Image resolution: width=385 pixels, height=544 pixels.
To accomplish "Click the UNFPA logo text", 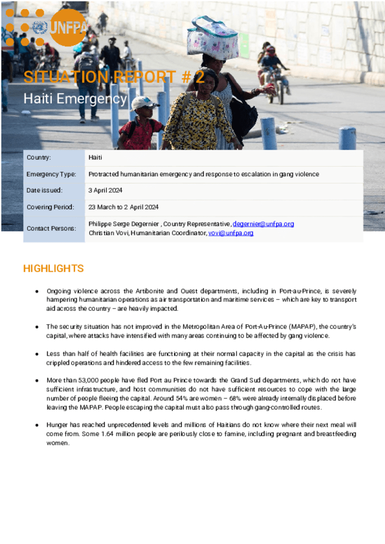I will coord(68,28).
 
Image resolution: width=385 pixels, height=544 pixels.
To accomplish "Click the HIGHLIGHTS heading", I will coord(53,269).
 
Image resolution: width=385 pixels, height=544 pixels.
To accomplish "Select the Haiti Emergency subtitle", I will coord(74,99).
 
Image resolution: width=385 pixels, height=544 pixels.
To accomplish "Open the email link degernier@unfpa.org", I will coord(263,224).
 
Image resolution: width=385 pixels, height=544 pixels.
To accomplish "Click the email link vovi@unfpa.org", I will coord(231,233).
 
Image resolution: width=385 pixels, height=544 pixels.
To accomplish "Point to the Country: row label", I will coord(39,158).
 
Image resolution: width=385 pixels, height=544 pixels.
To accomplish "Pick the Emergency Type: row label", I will coord(51,174).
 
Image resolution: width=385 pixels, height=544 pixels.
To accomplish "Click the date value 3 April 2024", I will coord(105,190).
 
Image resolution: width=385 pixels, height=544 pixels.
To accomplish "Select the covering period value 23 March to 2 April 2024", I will coord(123,207).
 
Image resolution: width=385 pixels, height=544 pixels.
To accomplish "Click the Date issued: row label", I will coord(44,190).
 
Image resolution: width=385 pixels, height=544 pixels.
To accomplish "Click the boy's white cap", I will coord(144,102).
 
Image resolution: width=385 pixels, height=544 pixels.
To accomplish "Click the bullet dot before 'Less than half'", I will coord(37,354).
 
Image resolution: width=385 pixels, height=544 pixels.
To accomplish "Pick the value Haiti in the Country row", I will coord(96,158).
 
